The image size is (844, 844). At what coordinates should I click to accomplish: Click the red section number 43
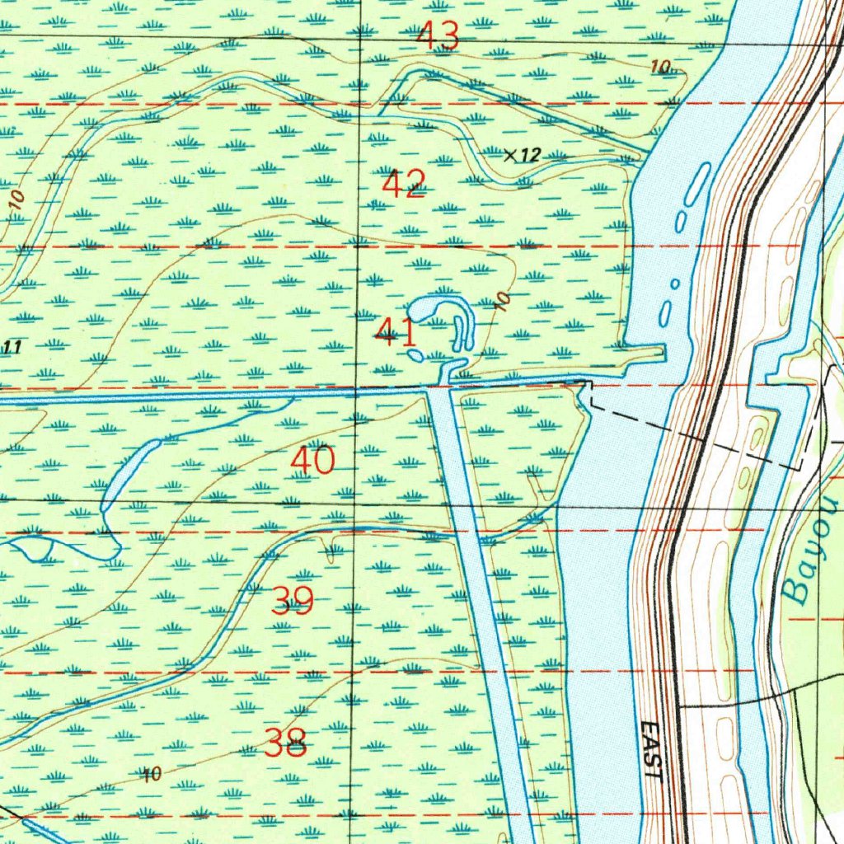[438, 36]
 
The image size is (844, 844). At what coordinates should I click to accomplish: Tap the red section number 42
[404, 184]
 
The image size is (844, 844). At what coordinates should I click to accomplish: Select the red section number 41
[396, 334]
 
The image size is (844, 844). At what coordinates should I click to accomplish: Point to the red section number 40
[313, 461]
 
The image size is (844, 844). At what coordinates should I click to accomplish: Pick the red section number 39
[293, 602]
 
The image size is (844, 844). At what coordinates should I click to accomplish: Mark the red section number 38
[287, 744]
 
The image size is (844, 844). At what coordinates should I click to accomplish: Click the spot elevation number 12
[530, 154]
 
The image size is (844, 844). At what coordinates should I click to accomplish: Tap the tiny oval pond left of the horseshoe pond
[415, 355]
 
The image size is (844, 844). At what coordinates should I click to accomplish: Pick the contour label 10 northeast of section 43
[659, 67]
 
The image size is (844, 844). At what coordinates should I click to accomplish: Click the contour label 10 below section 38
[152, 774]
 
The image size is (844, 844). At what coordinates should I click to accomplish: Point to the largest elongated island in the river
[697, 185]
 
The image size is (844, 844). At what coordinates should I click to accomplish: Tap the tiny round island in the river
[675, 284]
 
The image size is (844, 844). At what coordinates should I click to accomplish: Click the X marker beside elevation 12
[510, 154]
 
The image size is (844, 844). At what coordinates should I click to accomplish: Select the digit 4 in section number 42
[392, 184]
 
